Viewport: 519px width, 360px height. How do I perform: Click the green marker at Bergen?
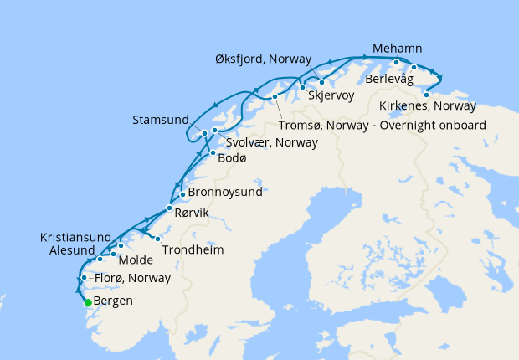point(88,303)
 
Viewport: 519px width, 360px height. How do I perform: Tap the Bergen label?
point(113,301)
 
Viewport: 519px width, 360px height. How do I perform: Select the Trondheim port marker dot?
point(157,239)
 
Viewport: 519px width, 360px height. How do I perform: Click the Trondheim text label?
point(193,249)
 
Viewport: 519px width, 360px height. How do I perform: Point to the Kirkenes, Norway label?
point(427,107)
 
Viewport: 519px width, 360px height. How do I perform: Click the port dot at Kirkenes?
point(427,95)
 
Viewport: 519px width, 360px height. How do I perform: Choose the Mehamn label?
point(398,49)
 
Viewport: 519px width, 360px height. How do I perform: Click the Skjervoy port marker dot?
point(321,82)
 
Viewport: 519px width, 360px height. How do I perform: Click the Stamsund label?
point(161,120)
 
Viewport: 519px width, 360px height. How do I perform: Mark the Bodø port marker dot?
point(213,153)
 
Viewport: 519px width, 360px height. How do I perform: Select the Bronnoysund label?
point(225,192)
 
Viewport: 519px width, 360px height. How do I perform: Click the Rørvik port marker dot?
point(170,208)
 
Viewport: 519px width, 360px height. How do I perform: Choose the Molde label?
point(136,260)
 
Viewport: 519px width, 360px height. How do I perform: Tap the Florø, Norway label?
point(132,278)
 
